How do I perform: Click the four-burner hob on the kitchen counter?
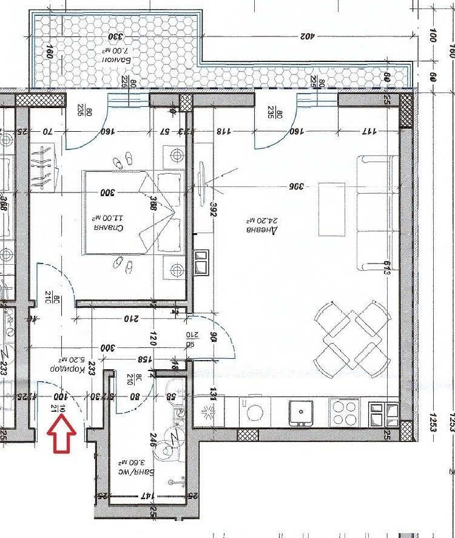[345, 413]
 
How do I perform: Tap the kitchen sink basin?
[302, 412]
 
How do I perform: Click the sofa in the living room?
[377, 213]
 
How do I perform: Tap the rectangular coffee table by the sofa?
[331, 209]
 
